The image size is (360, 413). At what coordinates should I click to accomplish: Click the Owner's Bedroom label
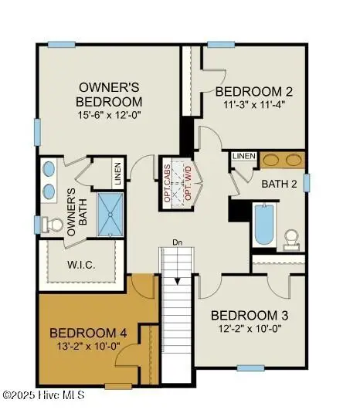[109, 93]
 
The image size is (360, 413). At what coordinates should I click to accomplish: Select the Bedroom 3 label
[250, 315]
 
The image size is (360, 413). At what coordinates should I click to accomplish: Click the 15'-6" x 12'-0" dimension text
[109, 116]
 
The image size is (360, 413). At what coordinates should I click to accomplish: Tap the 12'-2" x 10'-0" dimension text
[250, 328]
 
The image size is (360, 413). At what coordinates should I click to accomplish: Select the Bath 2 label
[279, 184]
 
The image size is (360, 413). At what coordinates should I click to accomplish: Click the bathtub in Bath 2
[263, 224]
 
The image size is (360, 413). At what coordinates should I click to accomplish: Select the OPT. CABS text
[167, 183]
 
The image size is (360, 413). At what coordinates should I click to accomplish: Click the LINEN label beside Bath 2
[243, 157]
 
